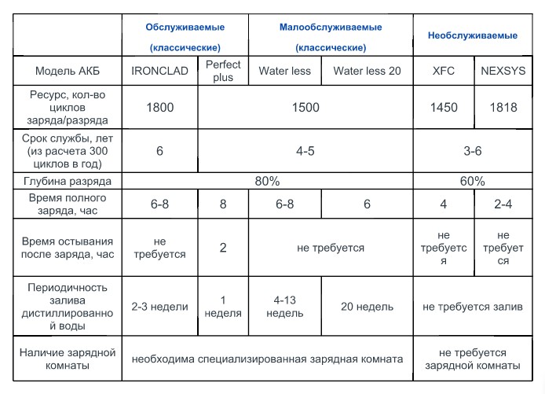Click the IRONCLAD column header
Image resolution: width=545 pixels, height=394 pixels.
point(160,71)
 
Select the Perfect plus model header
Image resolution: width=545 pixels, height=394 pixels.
point(223,71)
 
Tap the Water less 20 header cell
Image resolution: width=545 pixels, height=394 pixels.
point(367,71)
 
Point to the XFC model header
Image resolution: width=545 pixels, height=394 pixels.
point(444,71)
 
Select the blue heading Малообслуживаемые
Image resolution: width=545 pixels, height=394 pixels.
point(331,27)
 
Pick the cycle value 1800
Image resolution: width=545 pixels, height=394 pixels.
point(160,108)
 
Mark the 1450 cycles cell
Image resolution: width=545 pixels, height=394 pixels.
point(444,108)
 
